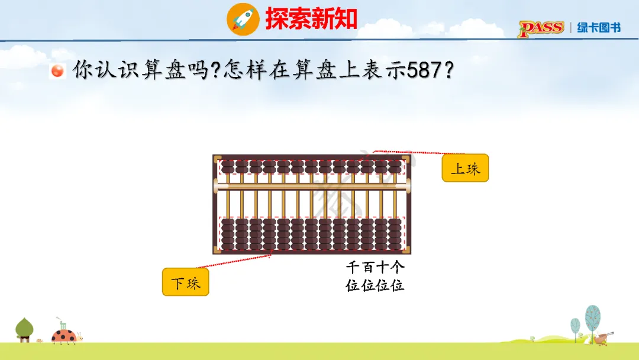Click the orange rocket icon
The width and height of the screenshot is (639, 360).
pos(243,19)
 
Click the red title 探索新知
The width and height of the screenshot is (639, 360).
pos(311,19)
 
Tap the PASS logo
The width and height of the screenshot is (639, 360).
pos(541,28)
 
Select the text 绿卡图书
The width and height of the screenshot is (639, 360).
pos(599,28)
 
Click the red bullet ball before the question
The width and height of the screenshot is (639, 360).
pos(58,71)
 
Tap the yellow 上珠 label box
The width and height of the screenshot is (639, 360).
pos(465,169)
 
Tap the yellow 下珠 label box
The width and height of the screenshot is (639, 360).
pos(185,282)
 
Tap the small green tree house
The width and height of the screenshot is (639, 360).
pos(24,330)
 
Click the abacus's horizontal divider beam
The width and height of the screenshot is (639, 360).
pos(312,187)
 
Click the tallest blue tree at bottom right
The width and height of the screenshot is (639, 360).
pos(592,320)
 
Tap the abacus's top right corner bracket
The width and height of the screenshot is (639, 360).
pos(407,159)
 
